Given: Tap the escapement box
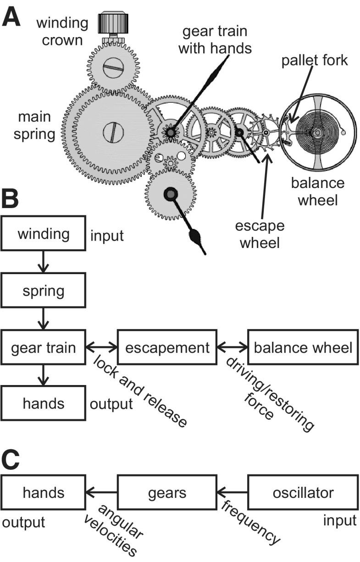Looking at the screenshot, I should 167,347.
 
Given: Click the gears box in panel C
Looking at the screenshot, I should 167,493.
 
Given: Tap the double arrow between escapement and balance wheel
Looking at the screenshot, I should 232,347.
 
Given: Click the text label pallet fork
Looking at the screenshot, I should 315,61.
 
